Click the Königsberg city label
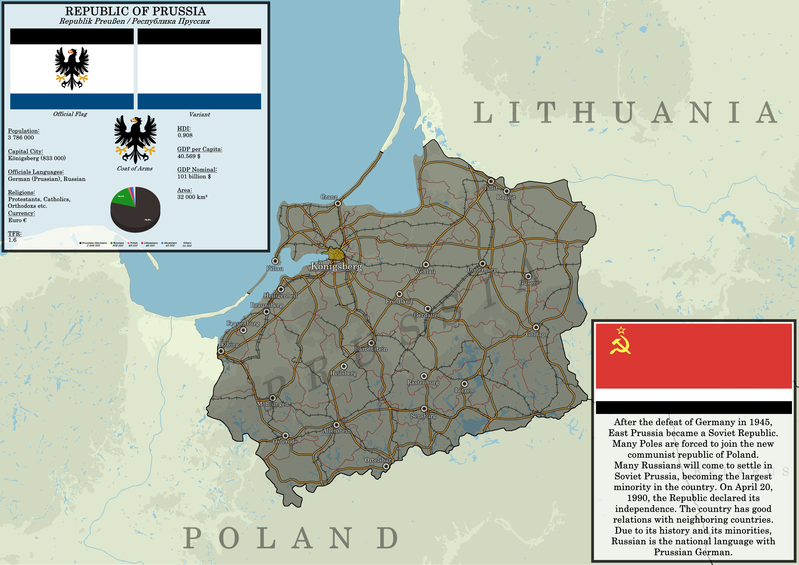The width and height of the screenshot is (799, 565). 336,267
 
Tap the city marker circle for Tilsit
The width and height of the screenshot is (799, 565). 491,181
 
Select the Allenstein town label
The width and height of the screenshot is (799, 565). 337,431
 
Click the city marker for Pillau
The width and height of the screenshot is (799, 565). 275,261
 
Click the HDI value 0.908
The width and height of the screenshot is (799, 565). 185,135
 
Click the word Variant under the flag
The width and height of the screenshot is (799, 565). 199,114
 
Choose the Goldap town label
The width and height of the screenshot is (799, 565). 535,334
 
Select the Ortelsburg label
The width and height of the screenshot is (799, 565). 379,460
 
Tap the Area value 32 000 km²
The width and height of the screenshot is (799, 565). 192,197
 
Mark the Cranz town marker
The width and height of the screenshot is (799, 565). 338,203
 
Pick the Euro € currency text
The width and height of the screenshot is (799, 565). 17,220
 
